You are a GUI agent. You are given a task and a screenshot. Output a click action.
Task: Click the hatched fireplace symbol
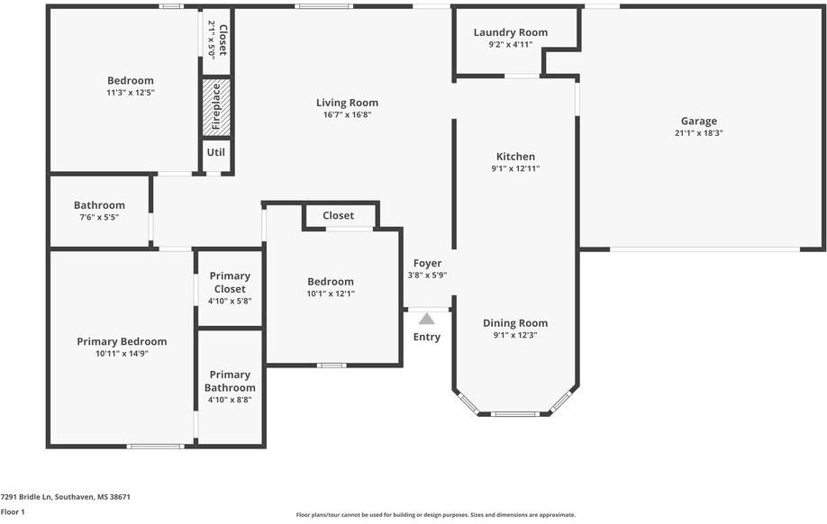215,107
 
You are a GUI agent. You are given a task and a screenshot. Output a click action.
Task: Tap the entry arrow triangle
426,319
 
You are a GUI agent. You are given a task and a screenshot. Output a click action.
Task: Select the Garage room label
698,121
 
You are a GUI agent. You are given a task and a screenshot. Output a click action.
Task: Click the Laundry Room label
511,32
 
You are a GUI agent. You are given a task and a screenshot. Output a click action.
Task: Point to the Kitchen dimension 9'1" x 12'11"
515,168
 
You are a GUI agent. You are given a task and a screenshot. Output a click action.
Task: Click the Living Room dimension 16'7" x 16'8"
347,114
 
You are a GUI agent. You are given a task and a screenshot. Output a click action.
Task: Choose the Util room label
215,153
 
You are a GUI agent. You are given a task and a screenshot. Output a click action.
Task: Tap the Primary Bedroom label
122,341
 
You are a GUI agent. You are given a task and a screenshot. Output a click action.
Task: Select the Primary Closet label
230,282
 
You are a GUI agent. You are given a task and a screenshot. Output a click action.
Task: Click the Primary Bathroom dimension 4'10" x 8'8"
230,400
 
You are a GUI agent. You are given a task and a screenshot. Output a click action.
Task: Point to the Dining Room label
515,323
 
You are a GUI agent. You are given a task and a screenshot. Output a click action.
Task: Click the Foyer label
427,263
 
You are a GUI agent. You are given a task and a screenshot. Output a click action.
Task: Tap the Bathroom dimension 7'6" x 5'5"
99,217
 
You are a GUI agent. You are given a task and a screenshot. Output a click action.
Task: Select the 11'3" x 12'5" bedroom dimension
131,92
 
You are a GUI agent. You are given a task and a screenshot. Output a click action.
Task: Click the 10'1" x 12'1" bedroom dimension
331,293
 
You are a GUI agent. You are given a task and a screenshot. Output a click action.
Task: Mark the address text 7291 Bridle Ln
66,496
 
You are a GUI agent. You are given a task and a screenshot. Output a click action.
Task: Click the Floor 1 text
13,511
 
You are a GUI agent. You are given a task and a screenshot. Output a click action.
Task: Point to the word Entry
427,337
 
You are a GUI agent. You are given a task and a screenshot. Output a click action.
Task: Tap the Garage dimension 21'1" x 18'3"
698,132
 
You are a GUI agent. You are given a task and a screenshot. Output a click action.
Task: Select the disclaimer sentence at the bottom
436,515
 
